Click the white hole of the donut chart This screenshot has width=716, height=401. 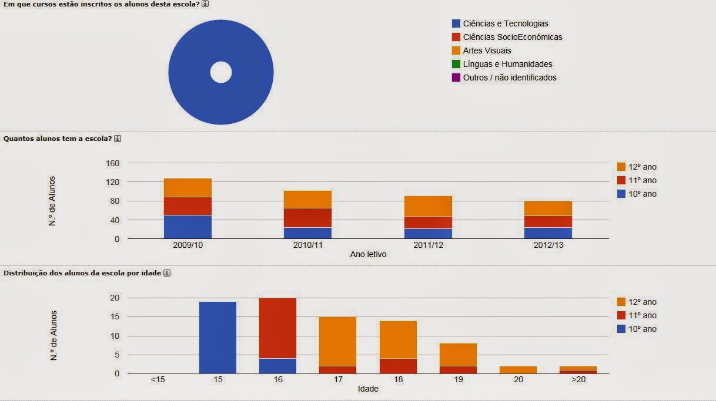(x=221, y=73)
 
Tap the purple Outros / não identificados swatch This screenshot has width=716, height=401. (x=456, y=77)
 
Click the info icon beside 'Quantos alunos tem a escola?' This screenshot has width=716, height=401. (x=118, y=139)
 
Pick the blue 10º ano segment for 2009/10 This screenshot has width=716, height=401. (x=188, y=227)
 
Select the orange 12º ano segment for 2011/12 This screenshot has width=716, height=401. (x=428, y=206)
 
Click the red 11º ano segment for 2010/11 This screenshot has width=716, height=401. (x=307, y=217)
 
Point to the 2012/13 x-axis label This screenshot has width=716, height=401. (x=548, y=245)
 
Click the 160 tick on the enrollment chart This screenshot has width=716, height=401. (x=112, y=163)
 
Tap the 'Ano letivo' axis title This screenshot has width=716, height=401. (x=368, y=254)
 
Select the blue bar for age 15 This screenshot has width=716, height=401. (x=218, y=338)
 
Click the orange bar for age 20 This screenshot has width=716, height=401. (x=518, y=370)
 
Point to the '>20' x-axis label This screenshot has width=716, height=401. (x=577, y=380)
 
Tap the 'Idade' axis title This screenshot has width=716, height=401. (x=368, y=389)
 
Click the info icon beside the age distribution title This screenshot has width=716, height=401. (x=167, y=274)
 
